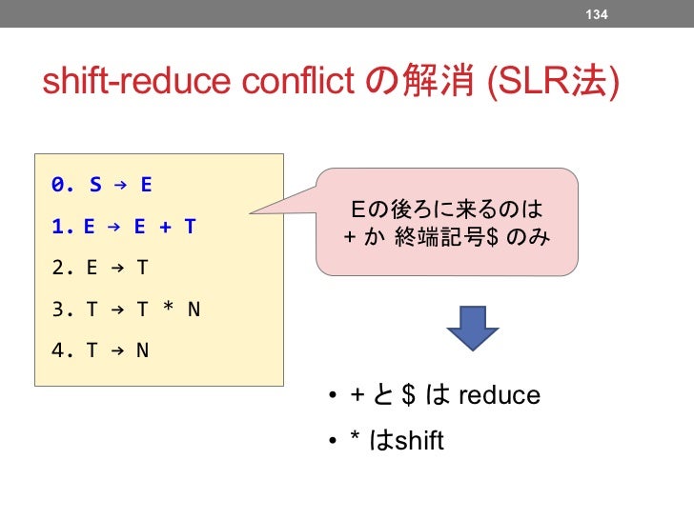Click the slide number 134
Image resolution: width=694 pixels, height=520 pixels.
(597, 13)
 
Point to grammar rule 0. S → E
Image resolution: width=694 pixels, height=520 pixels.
(103, 184)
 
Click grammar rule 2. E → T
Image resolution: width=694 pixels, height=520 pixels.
(100, 268)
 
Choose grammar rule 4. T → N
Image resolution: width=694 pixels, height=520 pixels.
(100, 350)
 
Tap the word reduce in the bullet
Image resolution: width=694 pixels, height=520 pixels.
(500, 395)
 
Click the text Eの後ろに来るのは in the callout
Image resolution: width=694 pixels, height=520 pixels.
(447, 209)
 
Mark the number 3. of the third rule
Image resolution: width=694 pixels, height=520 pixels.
(60, 309)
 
